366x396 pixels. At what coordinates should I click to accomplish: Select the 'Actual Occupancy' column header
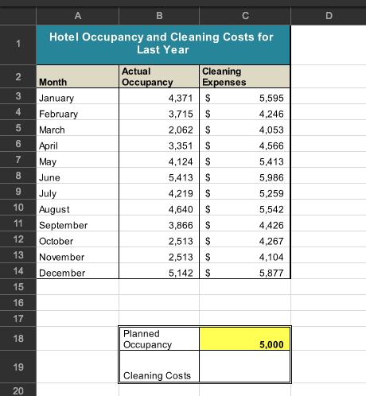click(x=146, y=77)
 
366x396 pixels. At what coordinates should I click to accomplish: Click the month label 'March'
click(x=53, y=130)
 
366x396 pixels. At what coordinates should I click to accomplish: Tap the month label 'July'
click(x=49, y=193)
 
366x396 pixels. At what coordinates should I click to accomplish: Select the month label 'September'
click(x=63, y=225)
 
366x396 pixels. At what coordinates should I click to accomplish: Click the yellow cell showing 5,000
click(x=244, y=339)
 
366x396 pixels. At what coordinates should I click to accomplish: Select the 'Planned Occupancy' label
click(x=147, y=339)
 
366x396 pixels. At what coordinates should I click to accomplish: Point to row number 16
click(x=18, y=302)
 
